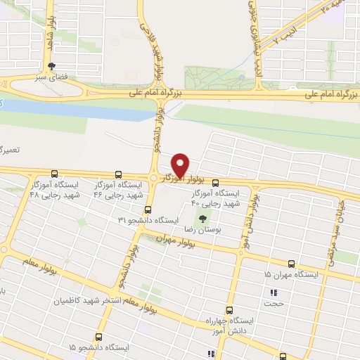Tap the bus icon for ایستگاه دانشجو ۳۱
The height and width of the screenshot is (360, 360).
tap(148, 210)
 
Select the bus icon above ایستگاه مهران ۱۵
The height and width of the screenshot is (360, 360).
tap(291, 262)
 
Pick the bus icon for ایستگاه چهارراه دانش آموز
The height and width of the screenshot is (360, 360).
tap(229, 310)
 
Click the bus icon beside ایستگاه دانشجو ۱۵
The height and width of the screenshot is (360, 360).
tap(98, 338)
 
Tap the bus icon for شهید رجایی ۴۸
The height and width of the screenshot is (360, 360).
tap(55, 174)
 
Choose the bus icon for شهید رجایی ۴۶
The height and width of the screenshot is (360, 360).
tap(118, 174)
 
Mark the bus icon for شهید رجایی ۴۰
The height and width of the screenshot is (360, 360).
tap(215, 184)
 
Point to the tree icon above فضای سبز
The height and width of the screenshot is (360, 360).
tap(49, 67)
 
